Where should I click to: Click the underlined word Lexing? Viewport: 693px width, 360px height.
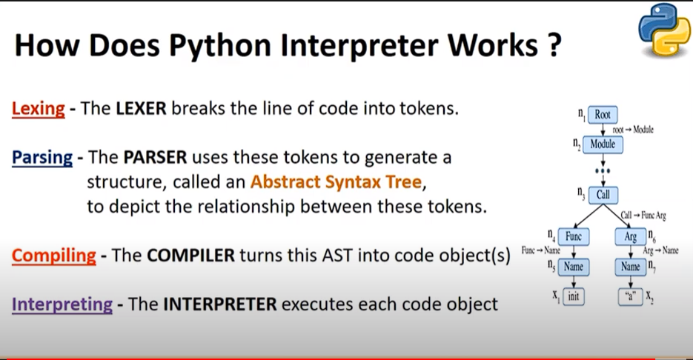38,108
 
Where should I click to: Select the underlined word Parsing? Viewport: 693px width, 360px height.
42,158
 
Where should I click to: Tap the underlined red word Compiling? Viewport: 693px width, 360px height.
54,256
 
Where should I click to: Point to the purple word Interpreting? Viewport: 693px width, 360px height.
62,304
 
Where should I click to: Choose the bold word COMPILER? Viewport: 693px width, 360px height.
190,256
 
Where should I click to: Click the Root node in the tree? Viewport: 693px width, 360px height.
602,116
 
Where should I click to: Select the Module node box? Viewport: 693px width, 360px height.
603,144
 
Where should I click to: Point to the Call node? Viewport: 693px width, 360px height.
603,194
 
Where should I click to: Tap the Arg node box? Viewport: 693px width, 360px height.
631,237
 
